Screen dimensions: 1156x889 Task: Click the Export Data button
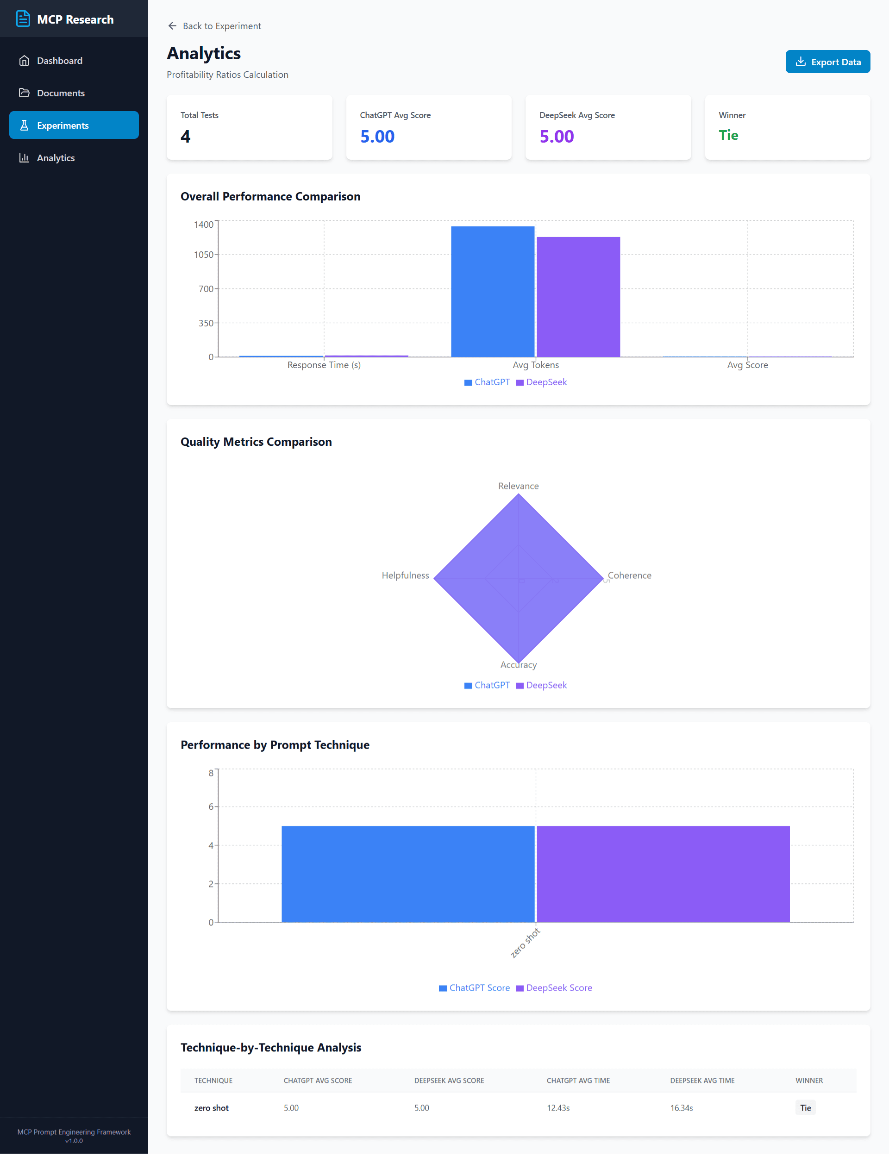[x=827, y=62]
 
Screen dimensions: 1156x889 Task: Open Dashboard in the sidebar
[x=59, y=61]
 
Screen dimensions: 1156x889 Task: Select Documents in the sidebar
[x=60, y=93]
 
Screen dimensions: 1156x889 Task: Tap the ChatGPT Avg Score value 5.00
[x=377, y=137]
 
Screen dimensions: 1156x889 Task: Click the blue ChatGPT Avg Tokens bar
[x=492, y=291]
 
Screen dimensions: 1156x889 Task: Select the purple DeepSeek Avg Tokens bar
[x=578, y=296]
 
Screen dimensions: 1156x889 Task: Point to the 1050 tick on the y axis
[x=204, y=255]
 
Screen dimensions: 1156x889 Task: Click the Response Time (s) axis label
[x=324, y=365]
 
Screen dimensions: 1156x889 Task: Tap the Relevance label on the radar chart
[x=518, y=486]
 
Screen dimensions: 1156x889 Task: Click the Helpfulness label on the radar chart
[x=405, y=575]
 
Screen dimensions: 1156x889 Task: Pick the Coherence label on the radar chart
[x=629, y=575]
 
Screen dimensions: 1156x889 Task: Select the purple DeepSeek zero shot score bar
[x=663, y=874]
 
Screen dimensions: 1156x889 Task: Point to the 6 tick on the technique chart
[x=211, y=806]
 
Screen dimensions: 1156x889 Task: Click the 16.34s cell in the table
[x=681, y=1108]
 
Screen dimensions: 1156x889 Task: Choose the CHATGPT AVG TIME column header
[x=578, y=1081]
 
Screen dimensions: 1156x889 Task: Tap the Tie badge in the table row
[x=805, y=1108]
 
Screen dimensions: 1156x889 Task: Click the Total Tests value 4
[x=185, y=137]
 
